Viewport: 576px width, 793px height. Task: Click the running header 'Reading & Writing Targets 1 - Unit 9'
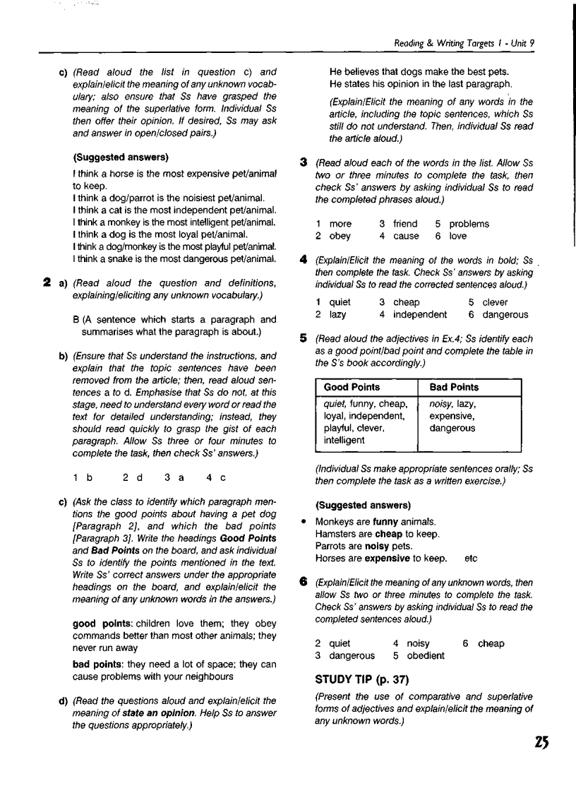click(x=464, y=43)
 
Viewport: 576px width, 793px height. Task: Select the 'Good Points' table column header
click(x=352, y=387)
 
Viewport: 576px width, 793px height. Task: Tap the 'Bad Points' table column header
click(x=454, y=387)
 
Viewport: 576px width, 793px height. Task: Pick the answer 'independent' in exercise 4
click(x=420, y=314)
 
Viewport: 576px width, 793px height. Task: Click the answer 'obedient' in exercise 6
click(x=426, y=655)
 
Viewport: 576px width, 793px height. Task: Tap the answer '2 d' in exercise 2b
click(x=133, y=477)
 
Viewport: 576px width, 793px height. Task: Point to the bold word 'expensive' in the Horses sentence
click(x=387, y=558)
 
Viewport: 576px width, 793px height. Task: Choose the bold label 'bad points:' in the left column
click(x=98, y=664)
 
